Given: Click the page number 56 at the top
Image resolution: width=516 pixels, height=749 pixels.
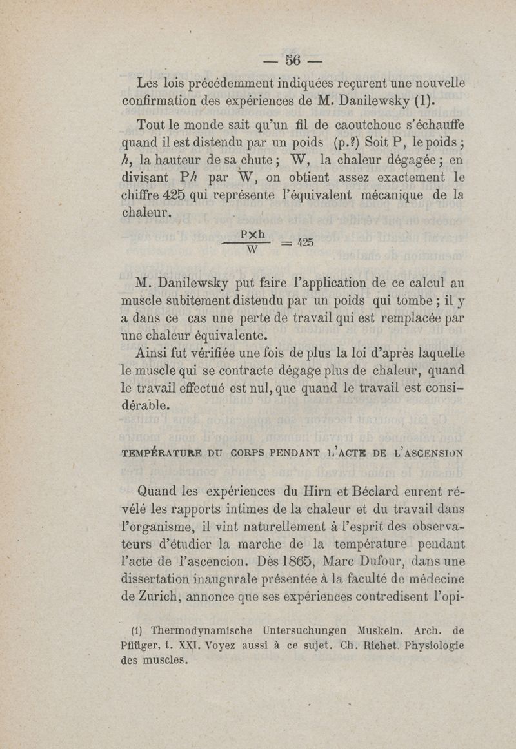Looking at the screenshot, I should (x=293, y=61).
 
